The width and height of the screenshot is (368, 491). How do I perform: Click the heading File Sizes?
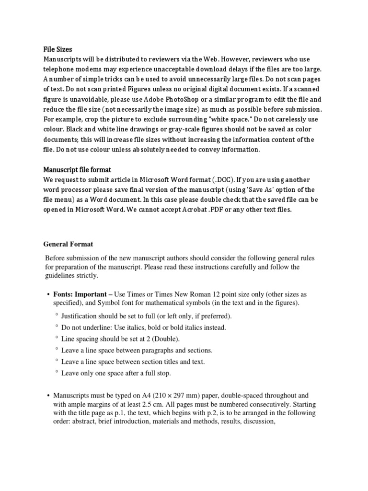58,49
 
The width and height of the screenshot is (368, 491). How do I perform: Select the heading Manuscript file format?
77,170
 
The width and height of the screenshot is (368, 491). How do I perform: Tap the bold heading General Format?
69,244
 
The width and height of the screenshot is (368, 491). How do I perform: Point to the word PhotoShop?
183,100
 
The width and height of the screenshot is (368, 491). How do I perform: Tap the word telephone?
60,70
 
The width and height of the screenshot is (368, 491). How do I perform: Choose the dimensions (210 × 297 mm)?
178,396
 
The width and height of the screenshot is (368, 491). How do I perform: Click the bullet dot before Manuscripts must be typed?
48,396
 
